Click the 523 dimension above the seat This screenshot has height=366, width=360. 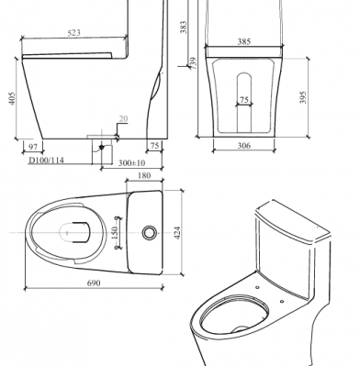point(73,32)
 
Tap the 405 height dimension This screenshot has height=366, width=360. point(12,98)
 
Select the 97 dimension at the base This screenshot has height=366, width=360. point(33,147)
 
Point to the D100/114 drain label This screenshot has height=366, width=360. point(46,161)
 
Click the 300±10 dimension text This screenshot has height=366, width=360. point(131,163)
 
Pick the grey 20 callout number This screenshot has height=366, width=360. point(123,118)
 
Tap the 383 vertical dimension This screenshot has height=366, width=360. point(184,28)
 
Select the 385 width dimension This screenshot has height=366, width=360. point(244,41)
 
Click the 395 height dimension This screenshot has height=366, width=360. point(303,97)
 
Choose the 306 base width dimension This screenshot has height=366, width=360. point(244,146)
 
